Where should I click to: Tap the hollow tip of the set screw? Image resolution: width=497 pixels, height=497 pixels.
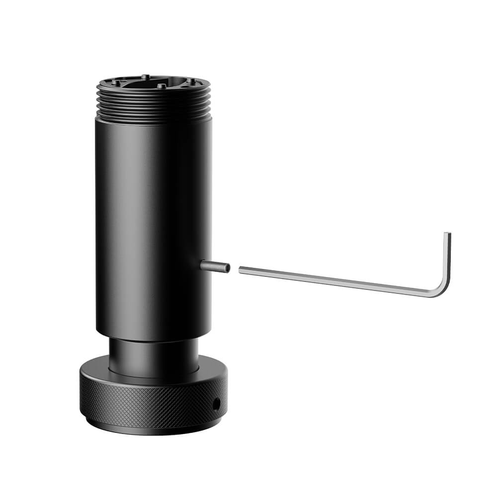pos(228,268)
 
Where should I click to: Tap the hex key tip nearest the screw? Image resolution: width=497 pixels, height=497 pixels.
pos(241,270)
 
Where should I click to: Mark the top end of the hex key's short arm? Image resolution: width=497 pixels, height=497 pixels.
pos(448,235)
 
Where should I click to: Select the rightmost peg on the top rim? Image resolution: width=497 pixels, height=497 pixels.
pos(190,80)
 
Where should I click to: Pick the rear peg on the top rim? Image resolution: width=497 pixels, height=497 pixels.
pos(144,76)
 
